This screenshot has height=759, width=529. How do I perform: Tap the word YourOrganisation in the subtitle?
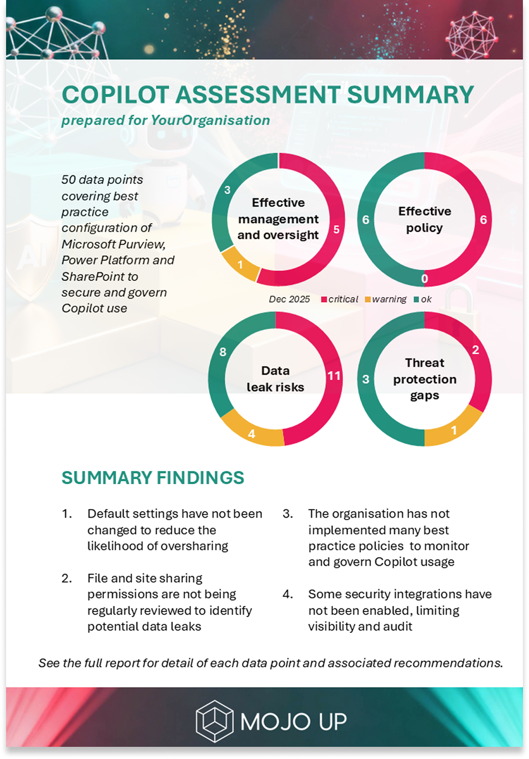tap(210, 121)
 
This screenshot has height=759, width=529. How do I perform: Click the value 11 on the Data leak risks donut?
tap(334, 376)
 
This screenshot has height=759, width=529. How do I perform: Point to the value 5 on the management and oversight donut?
tap(336, 230)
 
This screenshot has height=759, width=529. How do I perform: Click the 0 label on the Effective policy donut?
tap(425, 278)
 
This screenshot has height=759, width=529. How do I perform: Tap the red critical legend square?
tap(324, 300)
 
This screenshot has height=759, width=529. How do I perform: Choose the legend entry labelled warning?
tap(389, 300)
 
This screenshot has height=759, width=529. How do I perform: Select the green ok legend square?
tap(417, 300)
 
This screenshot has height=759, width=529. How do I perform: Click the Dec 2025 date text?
tap(289, 300)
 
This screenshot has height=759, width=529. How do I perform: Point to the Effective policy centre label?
tap(425, 220)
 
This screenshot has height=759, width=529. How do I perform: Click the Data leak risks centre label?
tap(275, 379)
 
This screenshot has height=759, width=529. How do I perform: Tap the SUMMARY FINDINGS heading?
tap(153, 478)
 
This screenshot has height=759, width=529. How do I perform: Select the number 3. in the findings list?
tap(288, 514)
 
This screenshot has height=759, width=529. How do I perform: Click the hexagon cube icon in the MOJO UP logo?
tap(214, 721)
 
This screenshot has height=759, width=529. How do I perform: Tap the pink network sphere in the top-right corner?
tap(472, 34)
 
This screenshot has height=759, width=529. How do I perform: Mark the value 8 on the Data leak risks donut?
tap(223, 352)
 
